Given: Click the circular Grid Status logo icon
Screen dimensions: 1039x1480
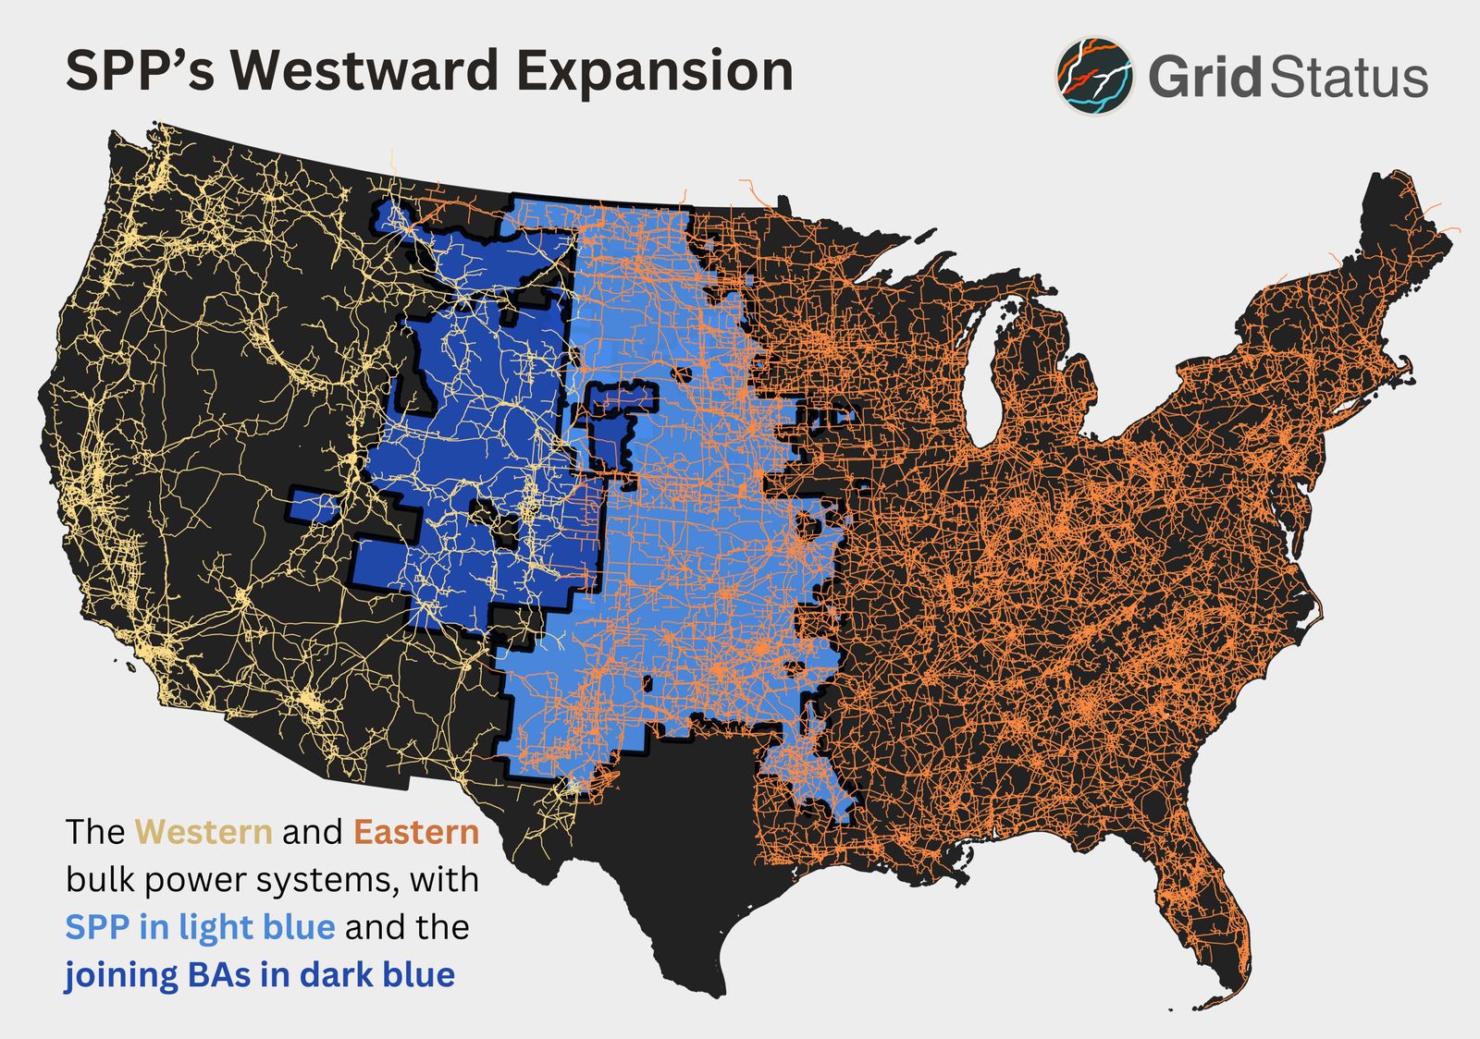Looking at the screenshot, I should [1095, 76].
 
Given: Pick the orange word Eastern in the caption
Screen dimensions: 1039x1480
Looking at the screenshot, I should [416, 832].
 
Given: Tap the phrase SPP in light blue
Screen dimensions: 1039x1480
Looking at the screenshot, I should [200, 926].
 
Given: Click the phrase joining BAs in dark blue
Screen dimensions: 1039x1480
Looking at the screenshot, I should [259, 974].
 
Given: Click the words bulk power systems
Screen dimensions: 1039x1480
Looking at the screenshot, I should [232, 879].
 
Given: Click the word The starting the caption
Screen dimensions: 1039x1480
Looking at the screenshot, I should [94, 832].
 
